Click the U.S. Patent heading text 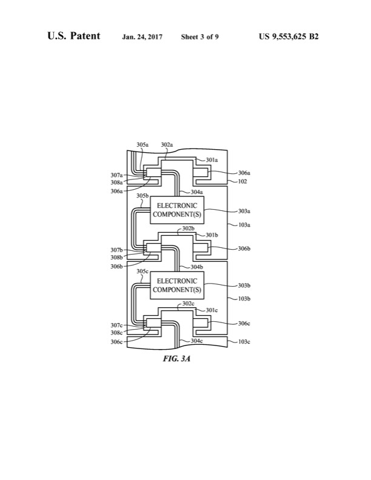pyautogui.click(x=73, y=36)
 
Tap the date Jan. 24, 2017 pyautogui.click(x=144, y=37)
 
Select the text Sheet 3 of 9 pyautogui.click(x=199, y=37)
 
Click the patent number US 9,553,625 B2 pyautogui.click(x=289, y=37)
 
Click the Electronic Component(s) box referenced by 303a pyautogui.click(x=177, y=210)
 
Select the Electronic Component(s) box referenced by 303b pyautogui.click(x=177, y=285)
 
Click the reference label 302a pyautogui.click(x=167, y=145)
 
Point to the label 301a pyautogui.click(x=212, y=160)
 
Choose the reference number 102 pyautogui.click(x=242, y=181)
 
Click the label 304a pyautogui.click(x=196, y=192)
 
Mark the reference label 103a pyautogui.click(x=244, y=224)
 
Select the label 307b pyautogui.click(x=117, y=250)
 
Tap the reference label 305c pyautogui.click(x=142, y=271)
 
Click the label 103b pyautogui.click(x=244, y=299)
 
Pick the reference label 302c pyautogui.click(x=189, y=304)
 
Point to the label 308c pyautogui.click(x=117, y=333)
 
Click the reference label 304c pyautogui.click(x=196, y=341)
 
